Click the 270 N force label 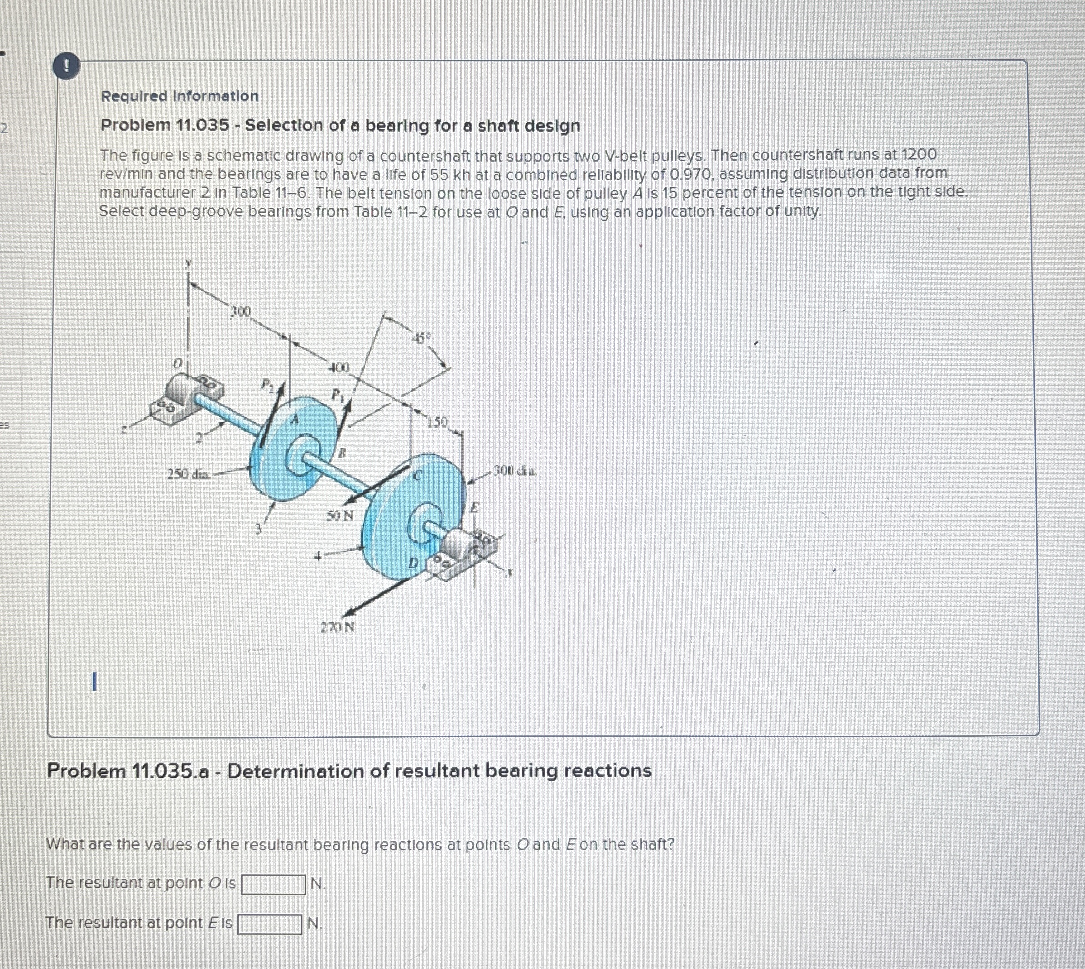point(337,627)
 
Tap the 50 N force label point(340,515)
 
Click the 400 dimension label point(338,367)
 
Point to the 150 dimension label point(439,423)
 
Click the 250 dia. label point(188,473)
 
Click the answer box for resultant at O point(274,884)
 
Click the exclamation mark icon point(67,66)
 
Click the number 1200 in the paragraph point(918,155)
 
